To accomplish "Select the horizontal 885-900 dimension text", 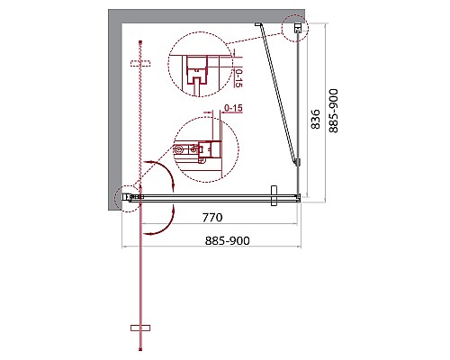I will pyautogui.click(x=214, y=241).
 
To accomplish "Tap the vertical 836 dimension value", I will pyautogui.click(x=315, y=119).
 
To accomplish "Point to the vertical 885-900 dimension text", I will pyautogui.click(x=335, y=110).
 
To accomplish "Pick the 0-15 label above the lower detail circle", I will pyautogui.click(x=235, y=109).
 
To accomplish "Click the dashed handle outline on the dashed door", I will pyautogui.click(x=138, y=64).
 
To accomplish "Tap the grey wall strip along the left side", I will pyautogui.click(x=114, y=108).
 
